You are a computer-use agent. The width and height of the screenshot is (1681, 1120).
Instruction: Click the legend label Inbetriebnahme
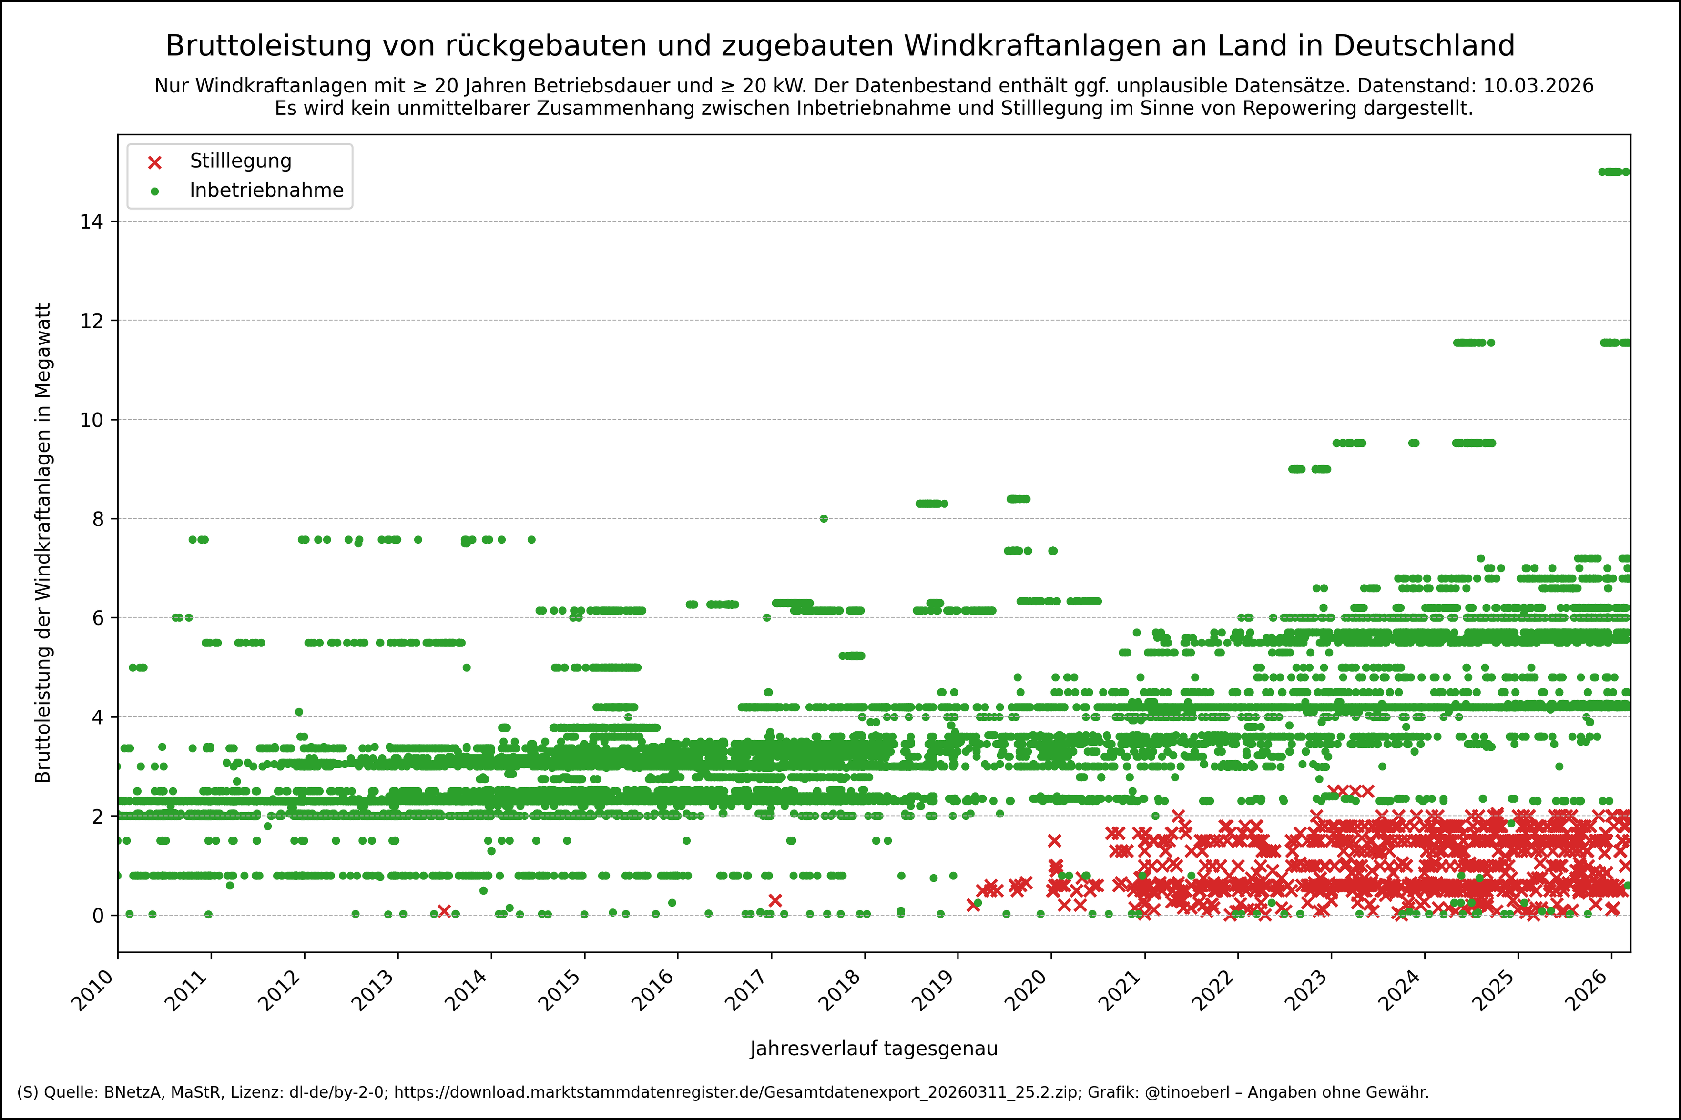point(266,191)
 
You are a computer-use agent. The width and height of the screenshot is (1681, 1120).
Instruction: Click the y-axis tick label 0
point(98,916)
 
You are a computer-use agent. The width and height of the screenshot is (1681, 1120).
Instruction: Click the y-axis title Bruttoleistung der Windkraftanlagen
point(43,543)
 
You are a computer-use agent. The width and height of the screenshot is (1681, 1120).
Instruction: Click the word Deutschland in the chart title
point(1424,46)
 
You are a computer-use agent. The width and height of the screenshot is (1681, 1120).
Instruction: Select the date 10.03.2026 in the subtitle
point(1538,86)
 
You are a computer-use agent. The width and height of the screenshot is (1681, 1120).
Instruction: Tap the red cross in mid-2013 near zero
point(444,911)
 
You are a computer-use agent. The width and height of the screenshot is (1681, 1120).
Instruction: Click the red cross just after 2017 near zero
point(775,901)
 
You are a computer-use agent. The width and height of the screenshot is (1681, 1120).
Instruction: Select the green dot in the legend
point(154,192)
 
